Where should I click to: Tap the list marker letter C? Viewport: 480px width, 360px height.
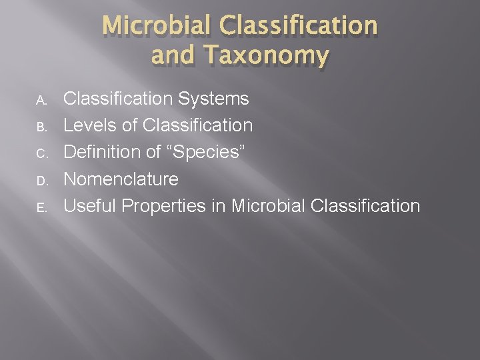41,154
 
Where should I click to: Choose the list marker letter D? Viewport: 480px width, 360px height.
41,181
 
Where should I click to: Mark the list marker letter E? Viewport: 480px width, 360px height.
41,207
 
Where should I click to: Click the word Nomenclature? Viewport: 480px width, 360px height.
121,179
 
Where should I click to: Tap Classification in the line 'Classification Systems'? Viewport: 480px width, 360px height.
117,99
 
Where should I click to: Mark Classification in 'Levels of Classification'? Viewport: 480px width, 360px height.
198,126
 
